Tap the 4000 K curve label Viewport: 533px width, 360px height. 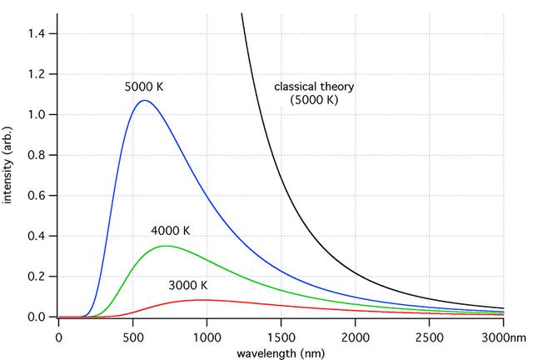click(171, 231)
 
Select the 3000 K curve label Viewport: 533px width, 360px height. click(187, 286)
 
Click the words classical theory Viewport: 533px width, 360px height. click(316, 86)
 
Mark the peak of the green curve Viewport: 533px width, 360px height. click(166, 246)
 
